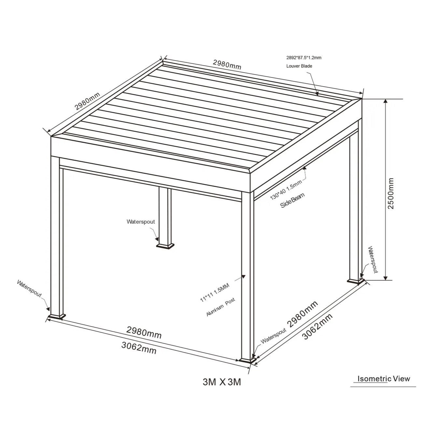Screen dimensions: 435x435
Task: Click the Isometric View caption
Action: (x=384, y=378)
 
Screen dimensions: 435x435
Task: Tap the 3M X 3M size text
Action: (x=222, y=382)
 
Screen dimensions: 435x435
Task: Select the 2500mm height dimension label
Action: (x=391, y=194)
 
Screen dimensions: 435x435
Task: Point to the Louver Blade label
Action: (x=299, y=66)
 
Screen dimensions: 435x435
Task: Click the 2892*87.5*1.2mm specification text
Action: (x=303, y=58)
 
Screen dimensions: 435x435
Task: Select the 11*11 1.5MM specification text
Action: (x=215, y=292)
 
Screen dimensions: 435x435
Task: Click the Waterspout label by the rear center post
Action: (x=141, y=222)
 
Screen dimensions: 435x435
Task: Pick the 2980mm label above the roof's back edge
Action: (x=227, y=64)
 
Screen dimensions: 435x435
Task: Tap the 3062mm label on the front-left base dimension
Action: (x=139, y=348)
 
